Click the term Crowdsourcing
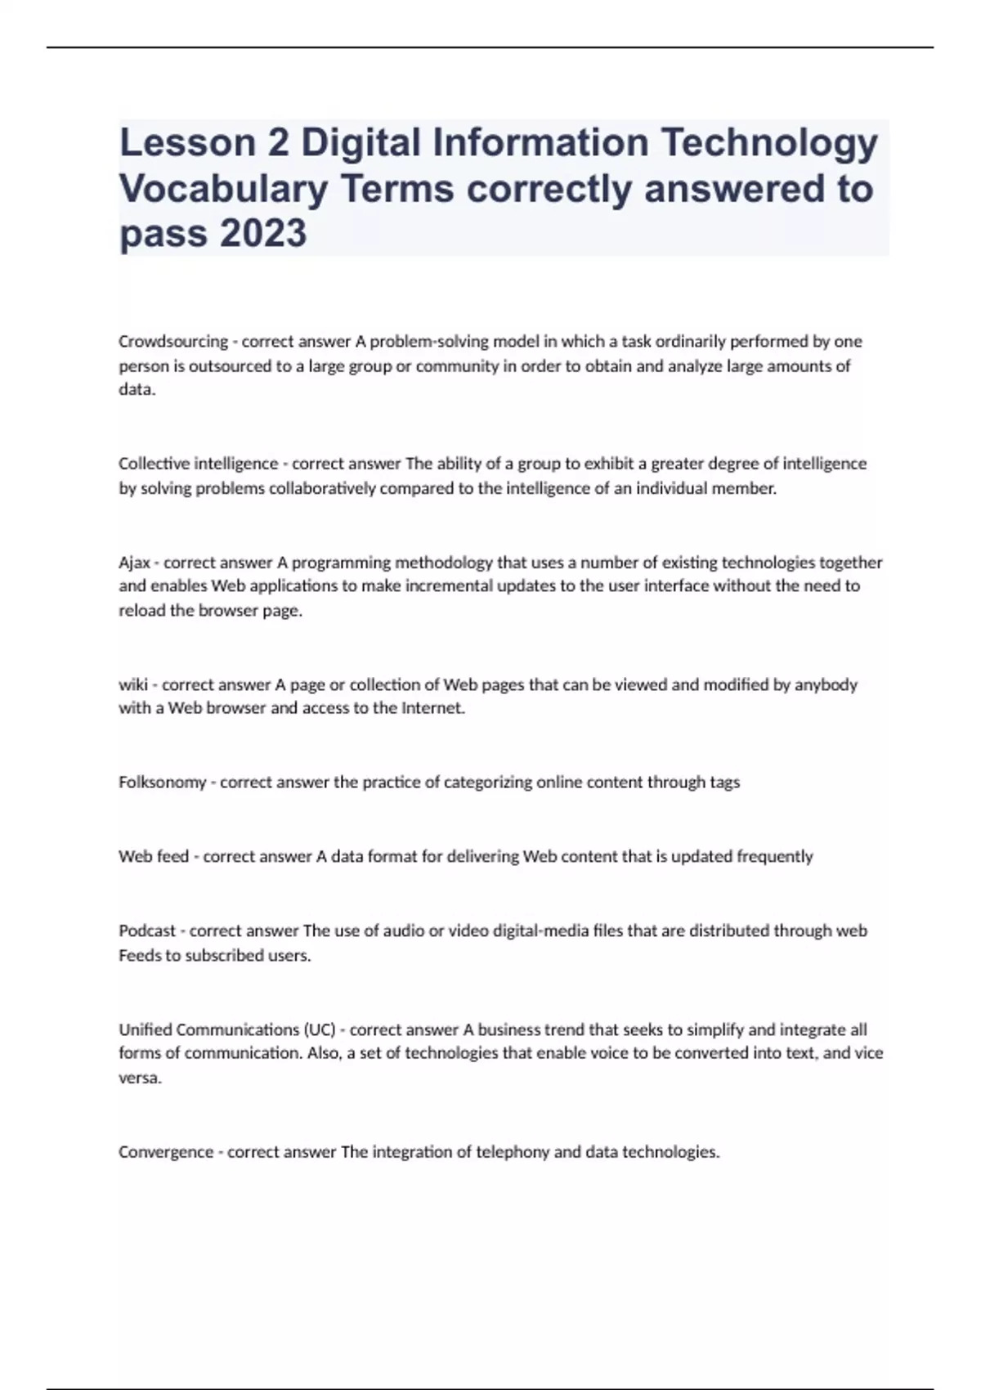coord(172,341)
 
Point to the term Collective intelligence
coord(198,464)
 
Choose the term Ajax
coord(134,563)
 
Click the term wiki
coord(132,684)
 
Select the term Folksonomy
coord(162,782)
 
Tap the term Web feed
coord(153,856)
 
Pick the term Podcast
coord(146,930)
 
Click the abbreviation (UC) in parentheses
coord(319,1029)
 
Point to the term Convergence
coord(165,1152)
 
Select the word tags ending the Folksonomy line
coord(724,782)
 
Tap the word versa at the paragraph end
coord(139,1078)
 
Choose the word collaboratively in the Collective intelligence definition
coord(327,488)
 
